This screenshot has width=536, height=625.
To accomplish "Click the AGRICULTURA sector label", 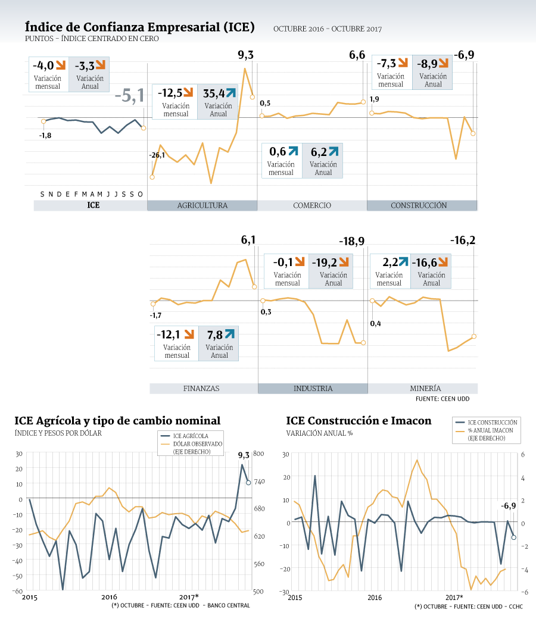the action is click(202, 205).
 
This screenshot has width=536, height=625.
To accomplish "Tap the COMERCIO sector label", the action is click(312, 205).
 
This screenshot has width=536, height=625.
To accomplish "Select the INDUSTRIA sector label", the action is click(313, 388).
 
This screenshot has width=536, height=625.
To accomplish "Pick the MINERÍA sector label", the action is click(426, 388).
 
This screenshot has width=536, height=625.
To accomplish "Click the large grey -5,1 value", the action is click(130, 96).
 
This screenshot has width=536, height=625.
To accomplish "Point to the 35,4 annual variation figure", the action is click(214, 93).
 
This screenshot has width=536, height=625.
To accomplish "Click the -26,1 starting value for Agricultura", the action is click(157, 155).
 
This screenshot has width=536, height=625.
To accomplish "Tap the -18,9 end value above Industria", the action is click(351, 242).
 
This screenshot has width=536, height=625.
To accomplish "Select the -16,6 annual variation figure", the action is click(424, 262).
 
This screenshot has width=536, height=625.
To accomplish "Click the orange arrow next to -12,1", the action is click(189, 333).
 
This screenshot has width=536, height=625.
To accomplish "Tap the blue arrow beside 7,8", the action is click(230, 333).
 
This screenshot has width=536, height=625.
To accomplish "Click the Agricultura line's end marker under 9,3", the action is click(253, 97).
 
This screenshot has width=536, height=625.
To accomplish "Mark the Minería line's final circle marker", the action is click(474, 336).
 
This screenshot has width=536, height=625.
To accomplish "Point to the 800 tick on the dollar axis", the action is click(258, 454).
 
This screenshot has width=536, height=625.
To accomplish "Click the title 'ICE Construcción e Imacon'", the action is click(359, 421).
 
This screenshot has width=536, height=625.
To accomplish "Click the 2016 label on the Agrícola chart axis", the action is click(109, 597).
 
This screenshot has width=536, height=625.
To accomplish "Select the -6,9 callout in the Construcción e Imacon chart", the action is click(509, 506).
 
